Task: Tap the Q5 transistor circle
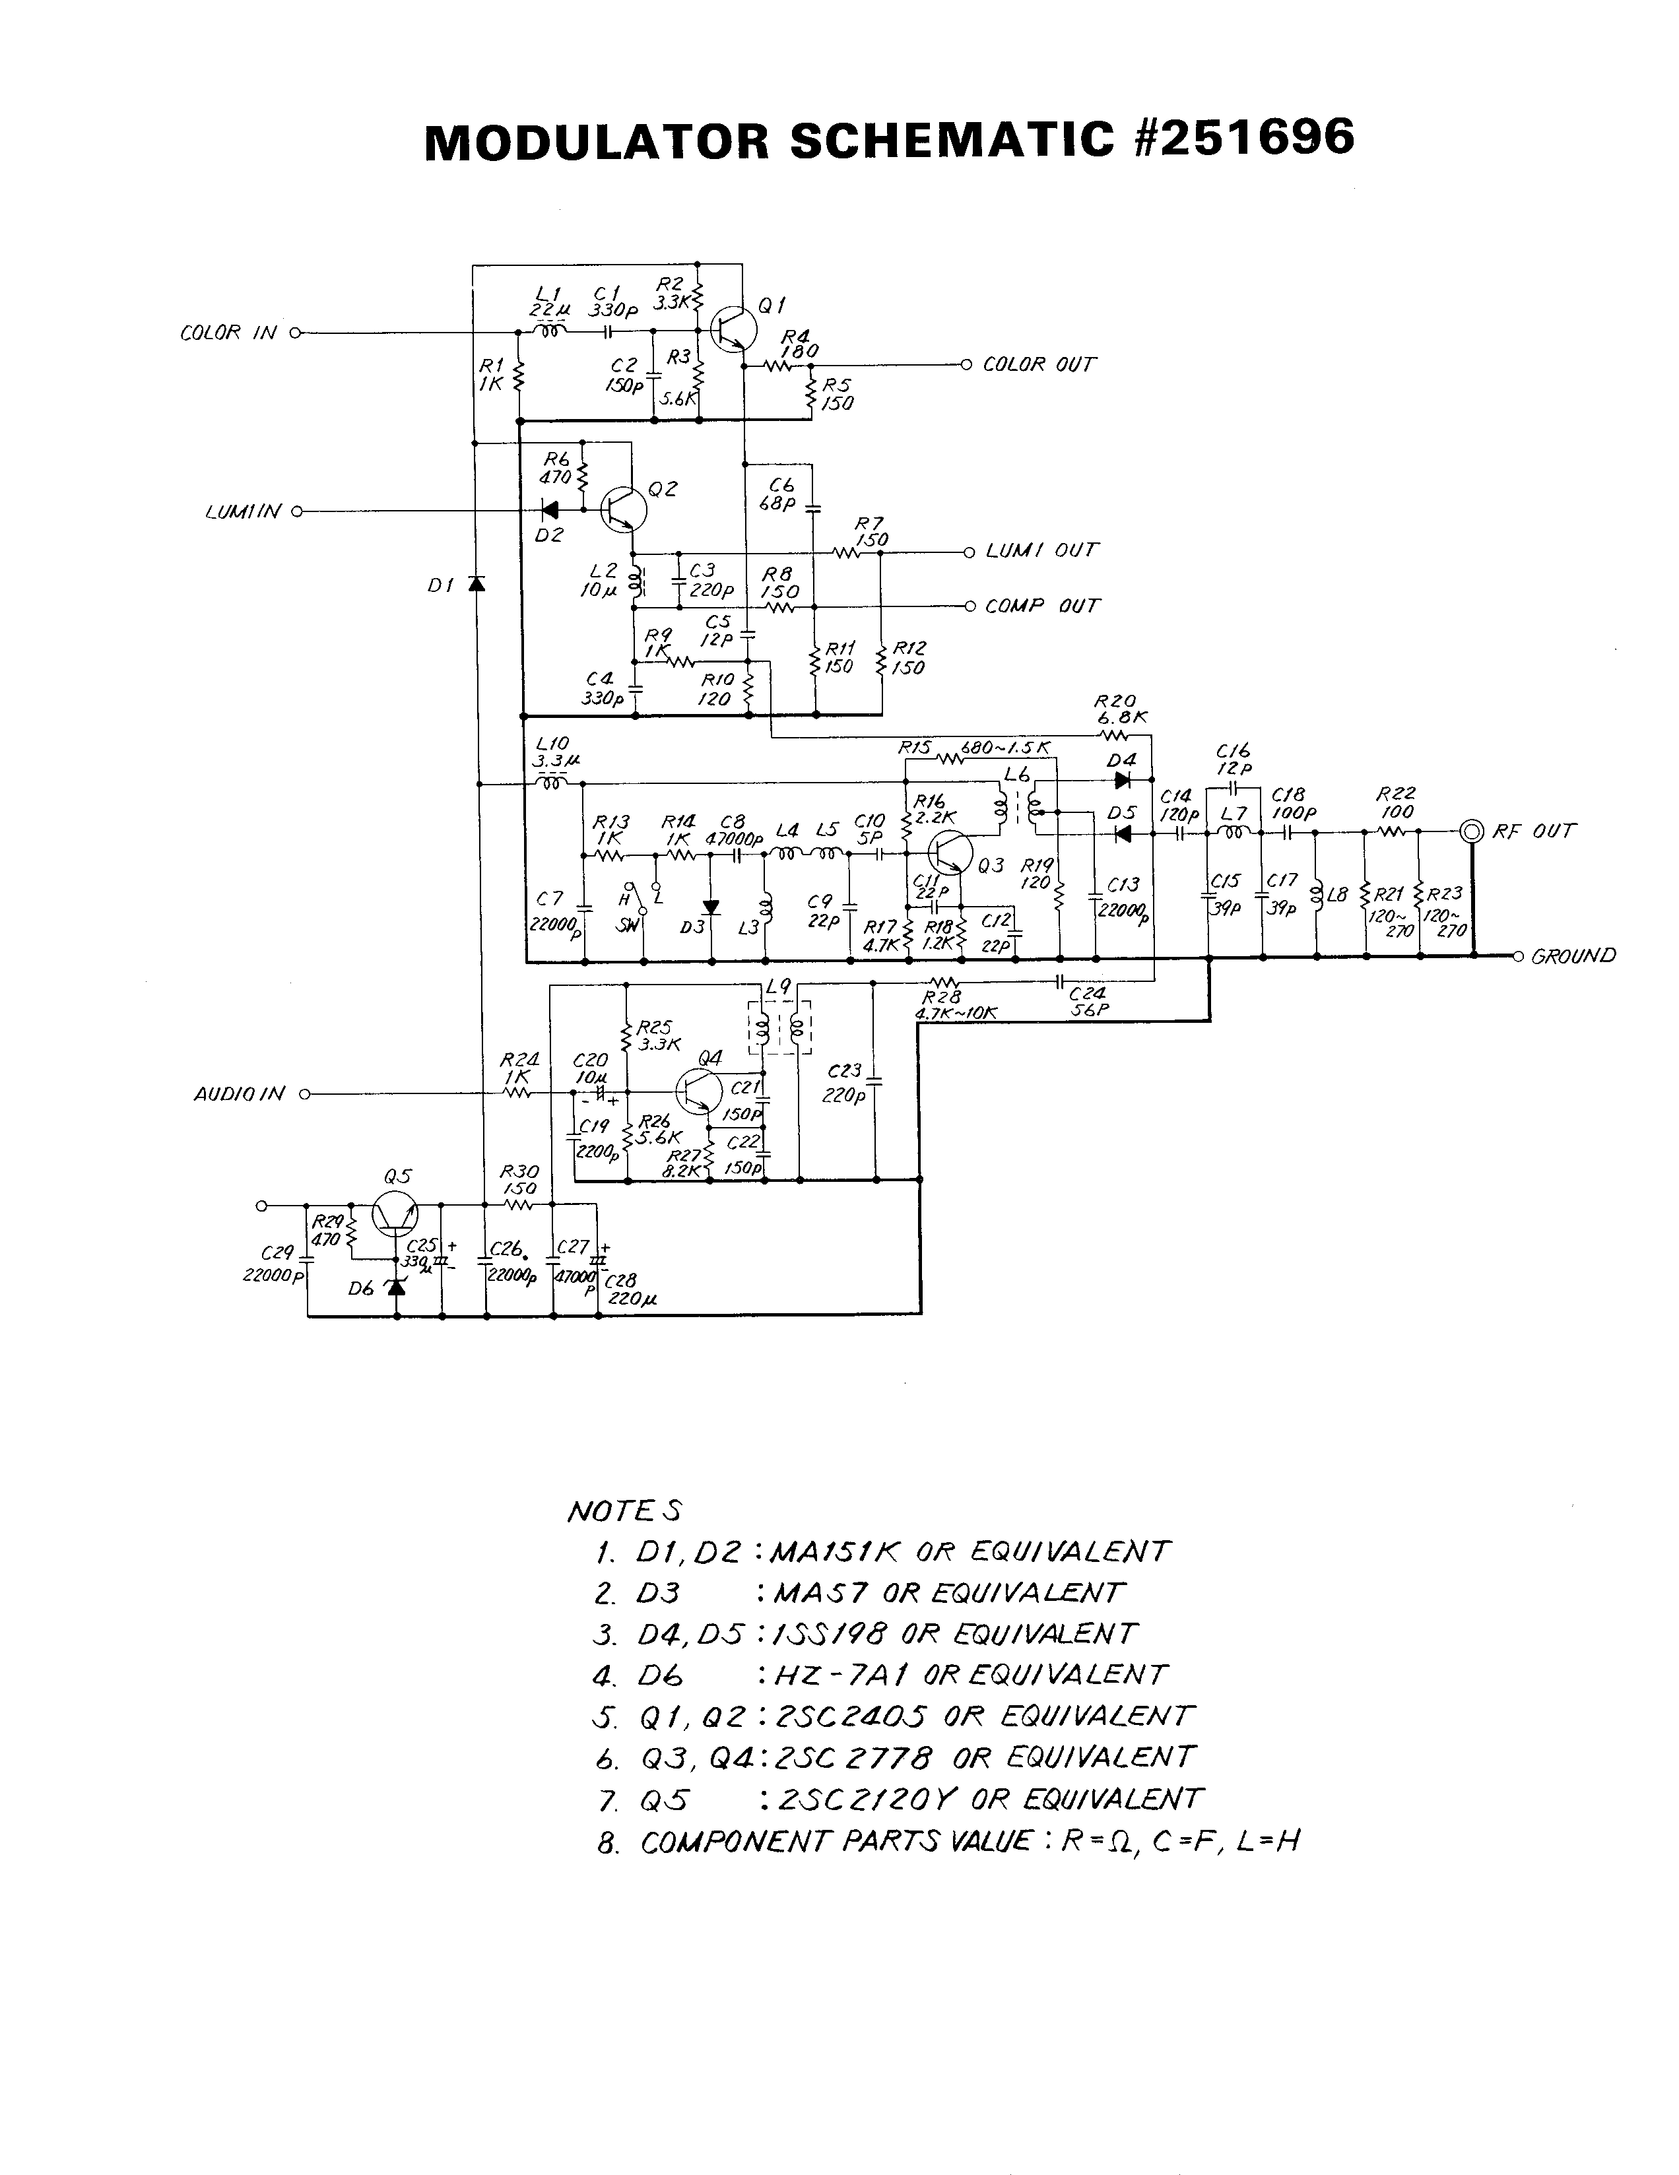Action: tap(395, 1215)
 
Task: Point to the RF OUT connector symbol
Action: tap(1472, 831)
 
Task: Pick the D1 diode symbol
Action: tap(477, 583)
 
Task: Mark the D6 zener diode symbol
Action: tap(397, 1287)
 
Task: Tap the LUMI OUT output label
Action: tap(1041, 551)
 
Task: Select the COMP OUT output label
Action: tap(1041, 606)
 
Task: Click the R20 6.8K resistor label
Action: tap(1115, 710)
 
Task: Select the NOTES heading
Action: tap(624, 1510)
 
